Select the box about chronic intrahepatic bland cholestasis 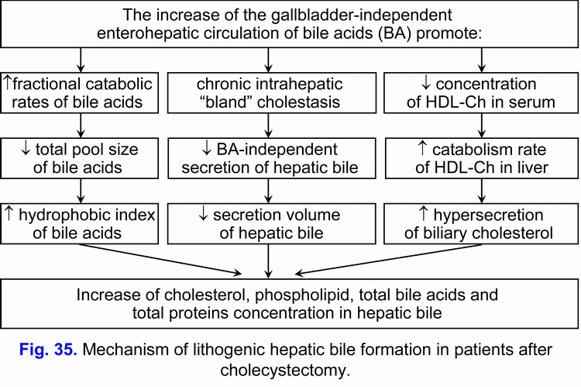[268, 92]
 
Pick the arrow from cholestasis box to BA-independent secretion [268, 125]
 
